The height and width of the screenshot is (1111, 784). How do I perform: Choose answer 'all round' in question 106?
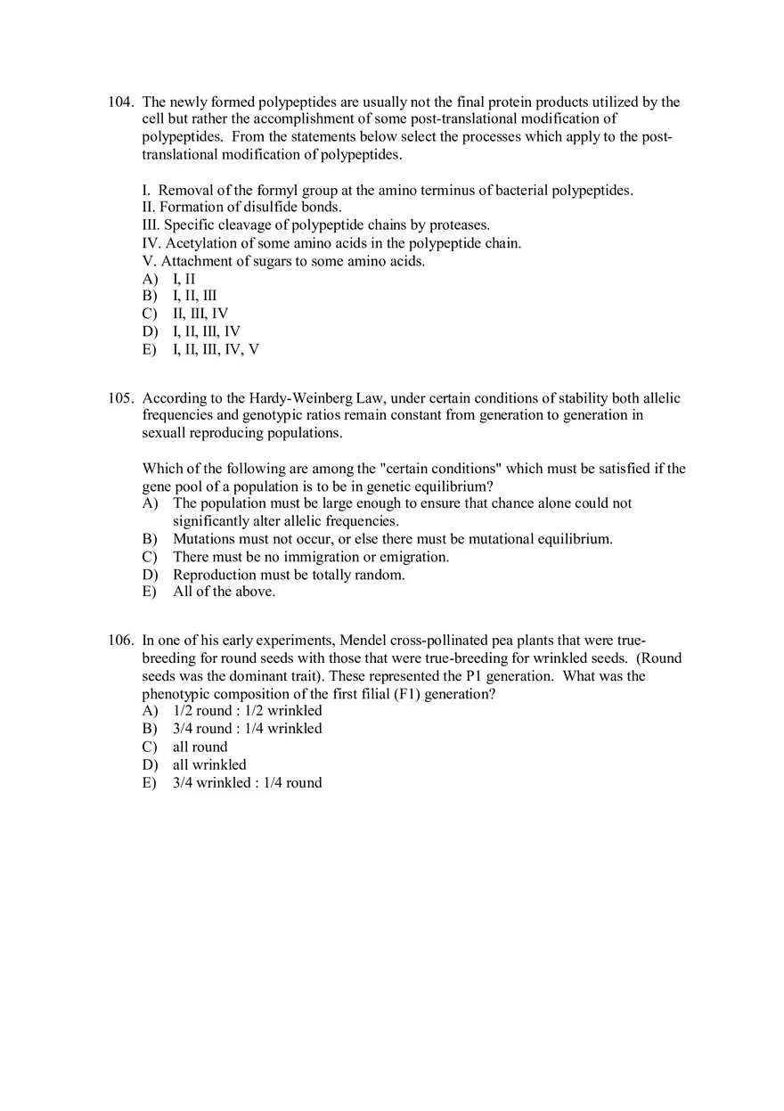pos(200,747)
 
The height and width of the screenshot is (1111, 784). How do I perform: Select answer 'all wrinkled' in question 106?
pos(209,764)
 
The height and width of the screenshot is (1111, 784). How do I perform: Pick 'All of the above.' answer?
pos(224,592)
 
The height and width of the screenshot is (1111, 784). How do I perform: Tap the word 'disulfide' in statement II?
pos(258,208)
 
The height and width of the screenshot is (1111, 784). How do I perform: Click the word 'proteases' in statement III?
pos(457,225)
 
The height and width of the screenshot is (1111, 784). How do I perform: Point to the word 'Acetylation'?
pos(201,243)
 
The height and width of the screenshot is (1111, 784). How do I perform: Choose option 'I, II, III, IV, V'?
pos(216,349)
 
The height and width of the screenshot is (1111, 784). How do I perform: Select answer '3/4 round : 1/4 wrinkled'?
pos(247,729)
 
